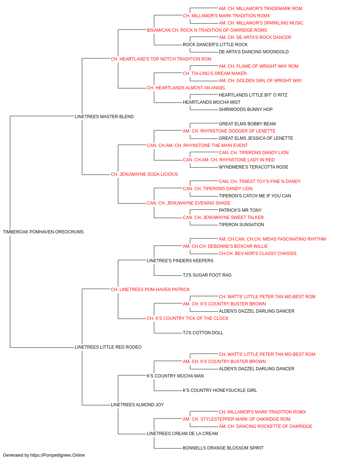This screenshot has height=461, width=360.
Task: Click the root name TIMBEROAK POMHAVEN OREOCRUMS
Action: (43, 232)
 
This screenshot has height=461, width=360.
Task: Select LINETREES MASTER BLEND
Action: (104, 117)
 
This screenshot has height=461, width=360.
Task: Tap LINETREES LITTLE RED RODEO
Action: (108, 347)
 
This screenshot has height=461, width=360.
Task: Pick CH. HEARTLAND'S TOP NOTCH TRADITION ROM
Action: (161, 59)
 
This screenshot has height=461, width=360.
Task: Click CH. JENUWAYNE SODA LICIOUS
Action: (144, 174)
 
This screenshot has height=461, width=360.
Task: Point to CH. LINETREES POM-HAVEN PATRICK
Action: (150, 289)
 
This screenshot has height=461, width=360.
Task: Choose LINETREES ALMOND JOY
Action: (137, 405)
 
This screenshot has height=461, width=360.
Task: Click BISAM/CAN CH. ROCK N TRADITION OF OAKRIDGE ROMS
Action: (207, 30)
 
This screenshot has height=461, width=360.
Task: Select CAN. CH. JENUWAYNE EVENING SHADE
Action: (189, 203)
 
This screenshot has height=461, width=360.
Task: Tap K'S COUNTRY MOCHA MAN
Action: (175, 376)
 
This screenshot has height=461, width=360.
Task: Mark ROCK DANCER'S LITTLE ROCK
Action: (215, 45)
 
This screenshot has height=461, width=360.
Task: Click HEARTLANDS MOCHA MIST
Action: (211, 102)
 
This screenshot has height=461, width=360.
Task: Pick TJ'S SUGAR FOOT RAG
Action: (207, 275)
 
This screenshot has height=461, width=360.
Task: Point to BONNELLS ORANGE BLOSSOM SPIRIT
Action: (223, 448)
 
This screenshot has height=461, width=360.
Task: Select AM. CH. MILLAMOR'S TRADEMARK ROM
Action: (260, 9)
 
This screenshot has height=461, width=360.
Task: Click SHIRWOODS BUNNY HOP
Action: (246, 109)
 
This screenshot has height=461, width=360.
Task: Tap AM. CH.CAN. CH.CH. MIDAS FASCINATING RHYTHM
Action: (272, 239)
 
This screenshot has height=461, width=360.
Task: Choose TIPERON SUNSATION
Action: (241, 225)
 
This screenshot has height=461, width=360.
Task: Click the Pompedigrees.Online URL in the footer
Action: (57, 455)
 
